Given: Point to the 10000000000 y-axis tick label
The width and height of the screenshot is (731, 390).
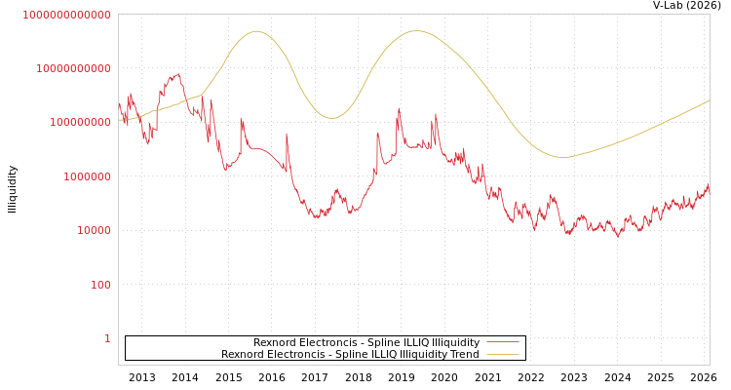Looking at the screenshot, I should point(73,68).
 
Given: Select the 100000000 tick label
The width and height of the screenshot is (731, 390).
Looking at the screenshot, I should point(80,123).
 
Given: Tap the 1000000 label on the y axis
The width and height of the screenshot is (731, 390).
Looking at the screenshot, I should point(87,176).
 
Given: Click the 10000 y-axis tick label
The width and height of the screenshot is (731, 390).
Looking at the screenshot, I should point(94,231).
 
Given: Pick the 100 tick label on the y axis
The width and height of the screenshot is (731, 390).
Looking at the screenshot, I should point(100,285).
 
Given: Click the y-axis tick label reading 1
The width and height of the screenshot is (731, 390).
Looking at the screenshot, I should point(107,338).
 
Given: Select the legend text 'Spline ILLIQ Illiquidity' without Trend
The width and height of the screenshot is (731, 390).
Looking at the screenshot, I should point(365,342).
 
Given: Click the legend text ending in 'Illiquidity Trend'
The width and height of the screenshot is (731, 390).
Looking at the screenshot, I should point(350,354).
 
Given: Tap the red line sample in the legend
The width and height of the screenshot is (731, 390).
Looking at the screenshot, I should point(502,342).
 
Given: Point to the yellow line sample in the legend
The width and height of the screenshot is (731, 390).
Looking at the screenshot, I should point(502,354).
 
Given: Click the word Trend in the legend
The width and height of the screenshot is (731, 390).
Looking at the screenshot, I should point(464,354).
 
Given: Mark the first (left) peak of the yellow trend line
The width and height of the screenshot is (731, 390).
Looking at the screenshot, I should point(256,31).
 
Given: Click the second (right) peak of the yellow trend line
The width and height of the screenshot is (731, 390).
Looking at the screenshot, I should point(417,30).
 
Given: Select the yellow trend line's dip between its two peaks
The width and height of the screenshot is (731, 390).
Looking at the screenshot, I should point(331,118).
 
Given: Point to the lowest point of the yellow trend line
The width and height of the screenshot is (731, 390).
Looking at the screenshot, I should point(562,157).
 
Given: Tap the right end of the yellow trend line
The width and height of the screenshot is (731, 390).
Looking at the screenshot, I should point(709,99).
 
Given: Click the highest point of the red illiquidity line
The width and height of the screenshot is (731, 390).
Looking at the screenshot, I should point(176,73).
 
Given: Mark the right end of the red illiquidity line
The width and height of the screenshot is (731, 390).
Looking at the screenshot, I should point(709,184).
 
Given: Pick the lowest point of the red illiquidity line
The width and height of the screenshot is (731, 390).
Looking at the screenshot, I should point(617,236).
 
